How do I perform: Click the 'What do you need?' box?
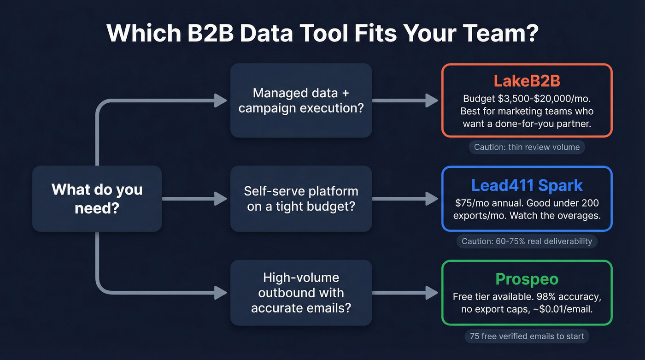click(x=97, y=199)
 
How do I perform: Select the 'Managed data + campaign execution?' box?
click(x=301, y=100)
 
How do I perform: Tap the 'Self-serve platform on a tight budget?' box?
click(x=301, y=199)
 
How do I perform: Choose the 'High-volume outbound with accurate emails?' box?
click(x=301, y=293)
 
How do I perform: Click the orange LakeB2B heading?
click(x=527, y=81)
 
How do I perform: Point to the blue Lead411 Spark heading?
click(x=527, y=185)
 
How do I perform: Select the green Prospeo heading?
click(x=527, y=279)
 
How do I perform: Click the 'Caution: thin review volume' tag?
click(x=527, y=148)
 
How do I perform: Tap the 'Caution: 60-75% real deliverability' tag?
click(x=527, y=241)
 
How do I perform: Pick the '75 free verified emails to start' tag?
click(x=527, y=336)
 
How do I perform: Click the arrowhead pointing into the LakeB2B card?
click(x=432, y=100)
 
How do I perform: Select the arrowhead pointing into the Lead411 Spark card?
click(x=432, y=199)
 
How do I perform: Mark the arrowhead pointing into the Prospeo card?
click(x=432, y=293)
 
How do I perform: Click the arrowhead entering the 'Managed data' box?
click(x=221, y=100)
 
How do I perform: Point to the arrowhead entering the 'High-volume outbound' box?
click(x=221, y=293)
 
